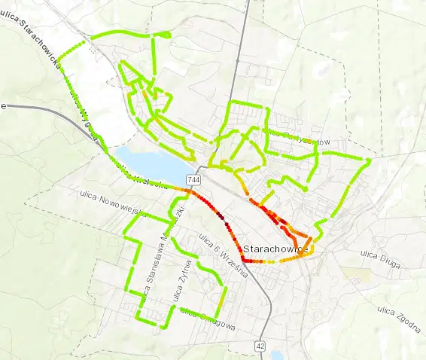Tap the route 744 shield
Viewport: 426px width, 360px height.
point(194,180)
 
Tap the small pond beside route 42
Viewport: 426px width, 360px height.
point(278,355)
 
